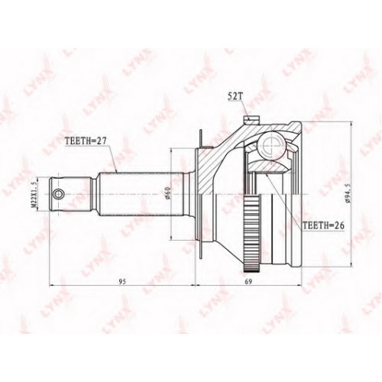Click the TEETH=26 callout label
pos(323,225)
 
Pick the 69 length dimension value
pos(248,281)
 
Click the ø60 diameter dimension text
pos(168,193)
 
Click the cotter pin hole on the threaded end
pos(59,194)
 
